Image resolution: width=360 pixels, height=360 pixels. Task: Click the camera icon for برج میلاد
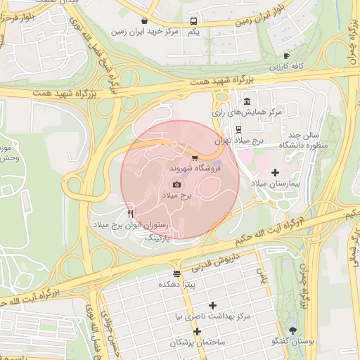(x=176, y=184)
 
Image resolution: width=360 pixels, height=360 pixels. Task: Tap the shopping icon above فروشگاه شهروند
(x=195, y=157)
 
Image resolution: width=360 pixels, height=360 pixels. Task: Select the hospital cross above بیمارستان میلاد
(x=275, y=172)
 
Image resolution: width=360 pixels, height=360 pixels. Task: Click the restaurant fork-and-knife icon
(x=131, y=214)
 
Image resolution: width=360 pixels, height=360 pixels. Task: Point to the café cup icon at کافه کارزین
(x=286, y=56)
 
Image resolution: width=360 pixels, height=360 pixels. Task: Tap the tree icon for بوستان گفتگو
(x=292, y=330)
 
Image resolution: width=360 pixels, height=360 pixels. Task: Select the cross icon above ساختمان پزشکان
(x=198, y=331)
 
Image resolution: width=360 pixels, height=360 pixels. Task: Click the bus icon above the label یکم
(x=194, y=21)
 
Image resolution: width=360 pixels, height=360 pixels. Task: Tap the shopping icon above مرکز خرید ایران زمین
(x=144, y=21)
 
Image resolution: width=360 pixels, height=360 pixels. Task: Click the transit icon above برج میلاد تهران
(x=238, y=129)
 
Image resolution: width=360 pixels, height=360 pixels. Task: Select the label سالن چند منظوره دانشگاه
(x=304, y=139)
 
